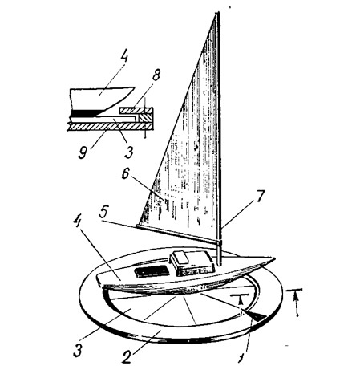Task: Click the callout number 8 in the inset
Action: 156,75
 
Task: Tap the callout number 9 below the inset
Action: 83,152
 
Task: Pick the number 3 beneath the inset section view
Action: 128,152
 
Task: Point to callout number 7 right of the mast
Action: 260,196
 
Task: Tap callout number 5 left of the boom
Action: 103,213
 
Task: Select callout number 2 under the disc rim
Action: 127,357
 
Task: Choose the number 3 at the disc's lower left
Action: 78,351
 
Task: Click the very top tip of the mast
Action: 218,13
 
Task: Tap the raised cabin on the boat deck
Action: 192,263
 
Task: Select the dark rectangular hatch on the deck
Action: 152,272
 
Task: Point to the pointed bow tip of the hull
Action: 274,258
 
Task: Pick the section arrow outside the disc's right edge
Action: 296,304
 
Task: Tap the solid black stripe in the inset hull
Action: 86,113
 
